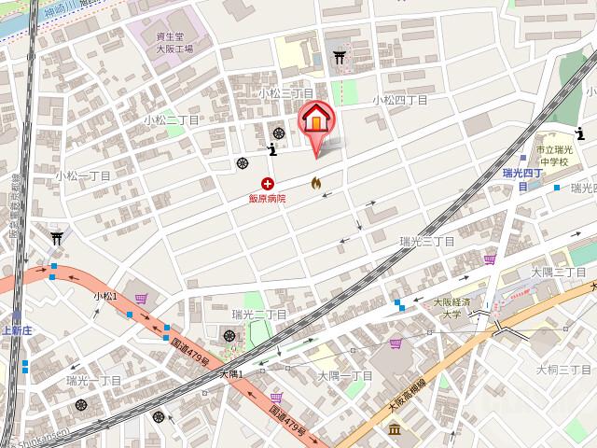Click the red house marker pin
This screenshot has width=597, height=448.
tap(315, 122)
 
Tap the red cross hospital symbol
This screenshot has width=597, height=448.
tap(269, 184)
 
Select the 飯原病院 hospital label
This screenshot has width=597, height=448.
tap(267, 198)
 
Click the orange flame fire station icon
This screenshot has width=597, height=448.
tap(315, 182)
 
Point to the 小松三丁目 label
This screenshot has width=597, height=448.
tap(286, 93)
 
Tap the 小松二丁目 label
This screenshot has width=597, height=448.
tap(173, 120)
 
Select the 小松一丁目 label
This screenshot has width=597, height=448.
tap(83, 175)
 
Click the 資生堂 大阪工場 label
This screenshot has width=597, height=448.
tap(174, 43)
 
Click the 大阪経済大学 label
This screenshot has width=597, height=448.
tap(452, 309)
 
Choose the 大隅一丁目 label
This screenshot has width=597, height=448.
tap(345, 375)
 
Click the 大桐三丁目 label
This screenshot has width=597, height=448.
tap(560, 370)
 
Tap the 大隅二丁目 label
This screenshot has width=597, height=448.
tap(558, 272)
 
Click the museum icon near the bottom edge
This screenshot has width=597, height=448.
tap(396, 429)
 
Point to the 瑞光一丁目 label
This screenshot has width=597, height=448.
tap(94, 381)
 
